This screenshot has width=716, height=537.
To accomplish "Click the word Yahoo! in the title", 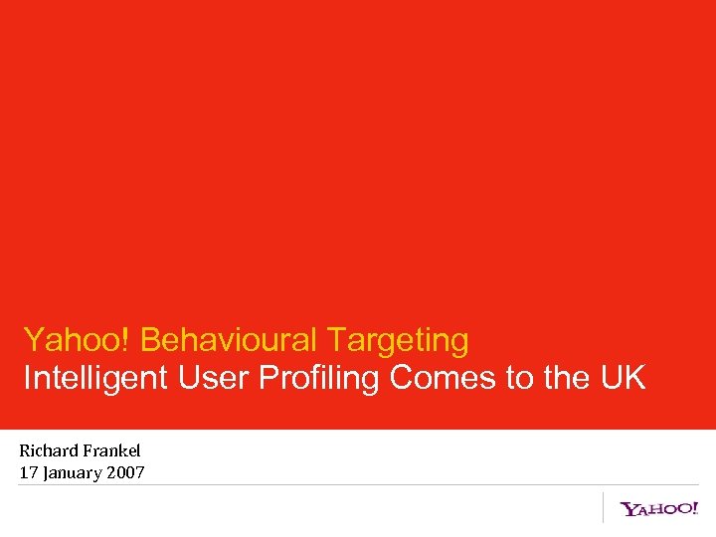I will click(78, 340).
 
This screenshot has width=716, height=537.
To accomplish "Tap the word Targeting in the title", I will click(398, 341).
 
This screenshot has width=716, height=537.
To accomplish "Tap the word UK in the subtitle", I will click(622, 378).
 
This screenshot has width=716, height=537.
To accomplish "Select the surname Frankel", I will click(112, 450).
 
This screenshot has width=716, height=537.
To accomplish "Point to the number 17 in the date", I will click(28, 472).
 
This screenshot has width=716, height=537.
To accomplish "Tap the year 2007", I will click(125, 472).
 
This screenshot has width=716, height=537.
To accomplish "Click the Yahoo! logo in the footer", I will click(659, 509).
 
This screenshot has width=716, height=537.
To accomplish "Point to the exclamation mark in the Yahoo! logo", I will click(694, 507).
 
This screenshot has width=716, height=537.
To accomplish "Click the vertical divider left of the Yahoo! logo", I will click(604, 507).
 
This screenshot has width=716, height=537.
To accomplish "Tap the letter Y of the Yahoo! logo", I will click(628, 510).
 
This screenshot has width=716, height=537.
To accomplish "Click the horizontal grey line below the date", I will click(358, 485).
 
